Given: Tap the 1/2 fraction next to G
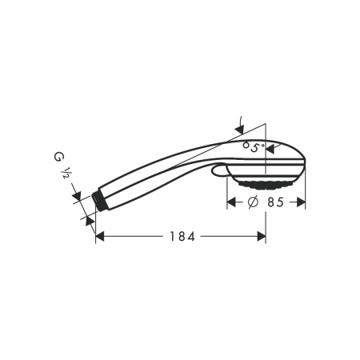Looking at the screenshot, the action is (x=66, y=173).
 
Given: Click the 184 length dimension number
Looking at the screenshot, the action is (x=182, y=236).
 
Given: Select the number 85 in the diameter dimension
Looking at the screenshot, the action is (x=275, y=202).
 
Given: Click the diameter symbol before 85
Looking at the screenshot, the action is (x=253, y=202).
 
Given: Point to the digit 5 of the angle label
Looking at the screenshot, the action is (x=255, y=147).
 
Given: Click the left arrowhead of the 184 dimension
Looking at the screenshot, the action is (x=99, y=236).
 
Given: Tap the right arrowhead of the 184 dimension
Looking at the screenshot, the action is (x=262, y=236).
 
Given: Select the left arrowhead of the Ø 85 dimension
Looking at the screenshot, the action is (x=231, y=202).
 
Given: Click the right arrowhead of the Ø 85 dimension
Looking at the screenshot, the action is (x=301, y=202).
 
